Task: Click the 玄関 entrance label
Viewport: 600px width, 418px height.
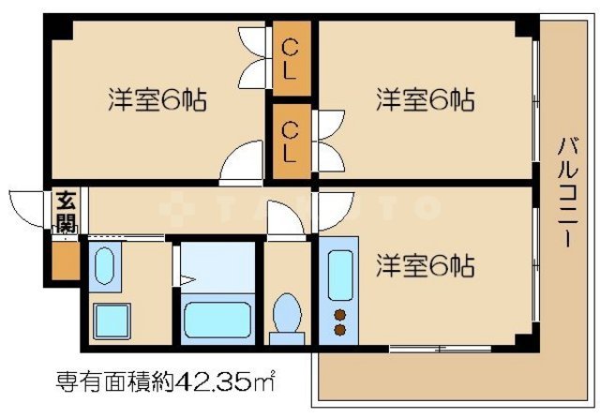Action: tap(66, 210)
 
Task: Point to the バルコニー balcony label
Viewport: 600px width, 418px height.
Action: tap(566, 192)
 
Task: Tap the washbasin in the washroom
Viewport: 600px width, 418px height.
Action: tap(104, 264)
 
